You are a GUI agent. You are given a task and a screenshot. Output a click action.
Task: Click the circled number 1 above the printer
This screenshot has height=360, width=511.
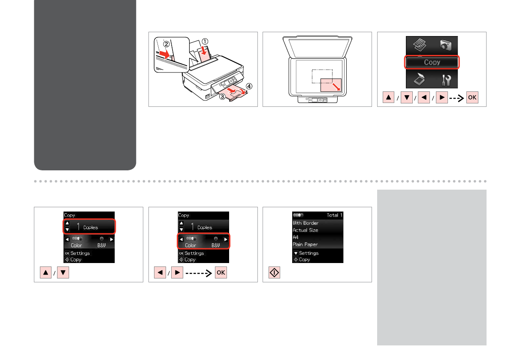click(205, 41)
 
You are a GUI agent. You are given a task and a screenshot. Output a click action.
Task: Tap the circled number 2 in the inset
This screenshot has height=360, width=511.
click(166, 44)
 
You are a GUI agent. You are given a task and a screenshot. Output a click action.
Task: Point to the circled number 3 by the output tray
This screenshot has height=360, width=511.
click(222, 97)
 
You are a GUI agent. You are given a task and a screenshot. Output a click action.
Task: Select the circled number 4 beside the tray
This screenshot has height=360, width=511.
click(249, 86)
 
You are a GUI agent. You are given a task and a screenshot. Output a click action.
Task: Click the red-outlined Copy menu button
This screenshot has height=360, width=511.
click(432, 62)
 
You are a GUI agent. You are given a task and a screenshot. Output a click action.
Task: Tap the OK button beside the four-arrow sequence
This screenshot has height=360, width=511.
click(472, 97)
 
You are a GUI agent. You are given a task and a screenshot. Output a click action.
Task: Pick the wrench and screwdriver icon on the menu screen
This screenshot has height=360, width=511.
click(446, 80)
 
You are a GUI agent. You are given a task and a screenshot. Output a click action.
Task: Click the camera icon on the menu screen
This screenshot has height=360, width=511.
click(445, 45)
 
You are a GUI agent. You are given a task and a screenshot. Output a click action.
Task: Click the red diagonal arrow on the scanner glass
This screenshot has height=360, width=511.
click(336, 86)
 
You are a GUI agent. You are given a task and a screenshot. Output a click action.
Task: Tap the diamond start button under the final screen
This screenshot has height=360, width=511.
click(275, 273)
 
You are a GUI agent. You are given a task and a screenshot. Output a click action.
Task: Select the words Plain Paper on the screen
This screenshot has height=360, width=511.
click(305, 244)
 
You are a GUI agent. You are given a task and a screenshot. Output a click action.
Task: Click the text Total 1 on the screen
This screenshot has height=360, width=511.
click(335, 215)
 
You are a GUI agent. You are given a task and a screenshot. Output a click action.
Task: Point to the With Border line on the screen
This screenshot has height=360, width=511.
click(305, 223)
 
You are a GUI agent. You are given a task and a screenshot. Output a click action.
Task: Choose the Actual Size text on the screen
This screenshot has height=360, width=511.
click(305, 230)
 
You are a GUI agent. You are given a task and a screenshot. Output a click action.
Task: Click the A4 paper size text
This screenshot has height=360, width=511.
click(296, 237)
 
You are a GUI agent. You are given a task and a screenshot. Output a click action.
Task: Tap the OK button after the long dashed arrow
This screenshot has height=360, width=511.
click(221, 273)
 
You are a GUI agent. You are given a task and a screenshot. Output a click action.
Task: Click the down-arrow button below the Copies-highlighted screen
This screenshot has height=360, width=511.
click(63, 273)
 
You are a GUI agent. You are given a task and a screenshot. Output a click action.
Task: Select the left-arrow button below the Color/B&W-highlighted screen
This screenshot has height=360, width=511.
click(160, 273)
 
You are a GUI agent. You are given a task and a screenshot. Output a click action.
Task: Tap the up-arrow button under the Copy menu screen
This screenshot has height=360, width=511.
click(388, 97)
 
